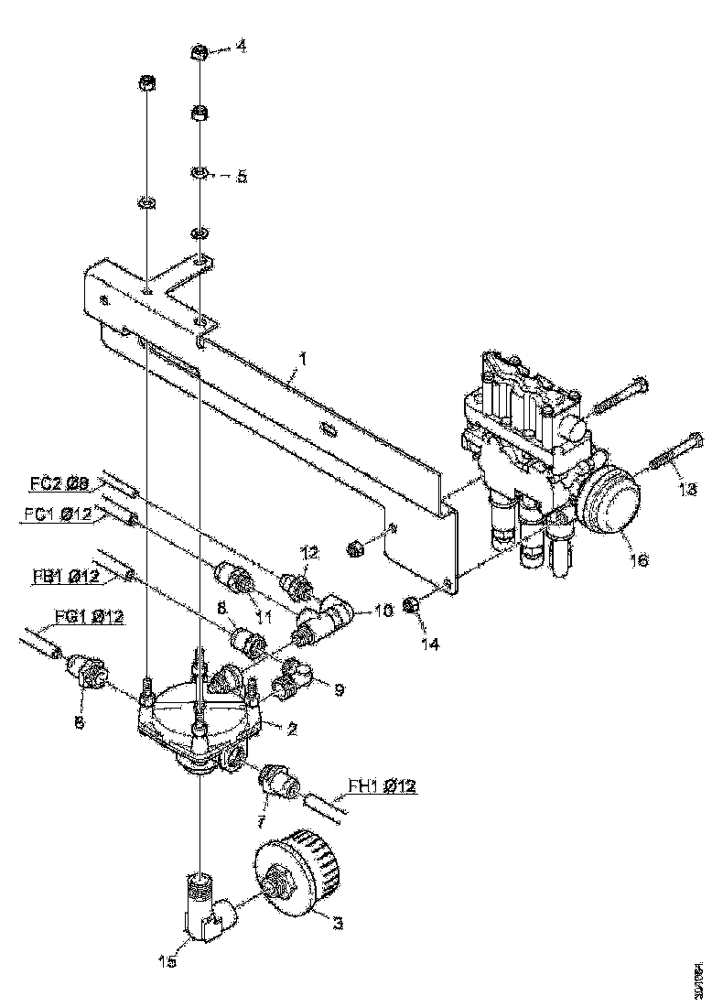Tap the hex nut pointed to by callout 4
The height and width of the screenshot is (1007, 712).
[x=197, y=53]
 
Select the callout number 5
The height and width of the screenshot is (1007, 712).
[x=242, y=176]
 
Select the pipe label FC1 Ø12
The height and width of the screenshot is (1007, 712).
[x=58, y=514]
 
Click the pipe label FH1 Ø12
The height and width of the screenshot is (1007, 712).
[x=383, y=785]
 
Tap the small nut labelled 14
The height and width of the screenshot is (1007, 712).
[x=413, y=605]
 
